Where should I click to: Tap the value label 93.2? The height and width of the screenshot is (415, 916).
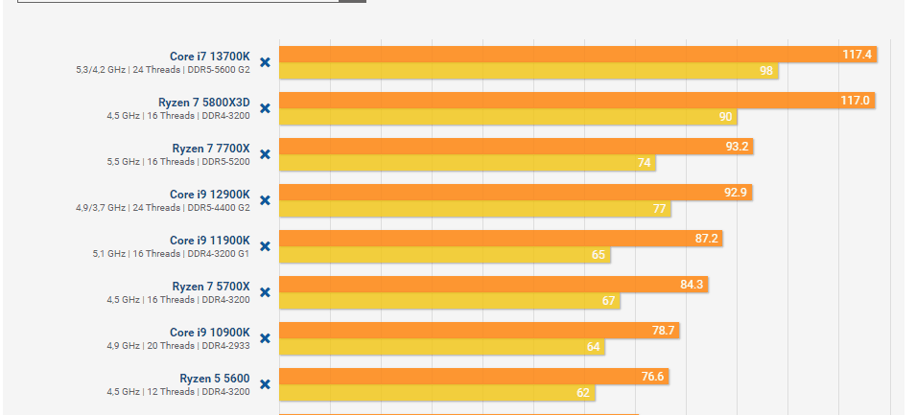tap(738, 147)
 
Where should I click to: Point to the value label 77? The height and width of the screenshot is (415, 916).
tap(659, 209)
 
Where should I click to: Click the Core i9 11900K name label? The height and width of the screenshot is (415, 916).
tap(209, 240)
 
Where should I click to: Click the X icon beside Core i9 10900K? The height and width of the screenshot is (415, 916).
tap(265, 338)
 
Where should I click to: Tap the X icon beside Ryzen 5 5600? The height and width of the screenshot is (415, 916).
tap(265, 384)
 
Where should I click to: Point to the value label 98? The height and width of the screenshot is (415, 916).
tap(766, 71)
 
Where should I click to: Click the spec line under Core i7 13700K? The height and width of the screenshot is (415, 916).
tap(163, 70)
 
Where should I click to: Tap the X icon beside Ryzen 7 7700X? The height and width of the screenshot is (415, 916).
tap(265, 154)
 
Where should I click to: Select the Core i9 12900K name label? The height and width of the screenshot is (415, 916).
tap(209, 194)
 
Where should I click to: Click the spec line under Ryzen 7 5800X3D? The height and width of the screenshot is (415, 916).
tap(177, 116)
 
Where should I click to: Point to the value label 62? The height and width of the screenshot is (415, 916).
tap(583, 393)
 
